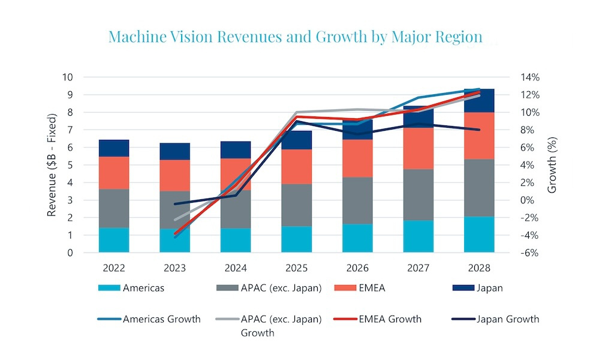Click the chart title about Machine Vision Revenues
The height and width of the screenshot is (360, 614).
coord(295,37)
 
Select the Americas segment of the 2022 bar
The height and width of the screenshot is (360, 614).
coord(114,240)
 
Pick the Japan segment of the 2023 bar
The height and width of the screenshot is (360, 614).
coord(174,151)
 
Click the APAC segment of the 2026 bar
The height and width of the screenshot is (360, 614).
coord(357,200)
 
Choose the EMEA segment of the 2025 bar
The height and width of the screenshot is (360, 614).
coord(296,166)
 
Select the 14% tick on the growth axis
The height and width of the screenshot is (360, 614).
coord(530,77)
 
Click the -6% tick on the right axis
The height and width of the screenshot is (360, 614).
coord(531,253)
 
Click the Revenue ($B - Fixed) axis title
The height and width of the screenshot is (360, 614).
coord(53,165)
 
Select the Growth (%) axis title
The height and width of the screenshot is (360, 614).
coord(552,165)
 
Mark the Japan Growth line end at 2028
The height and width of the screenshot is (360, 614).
coord(478,130)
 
